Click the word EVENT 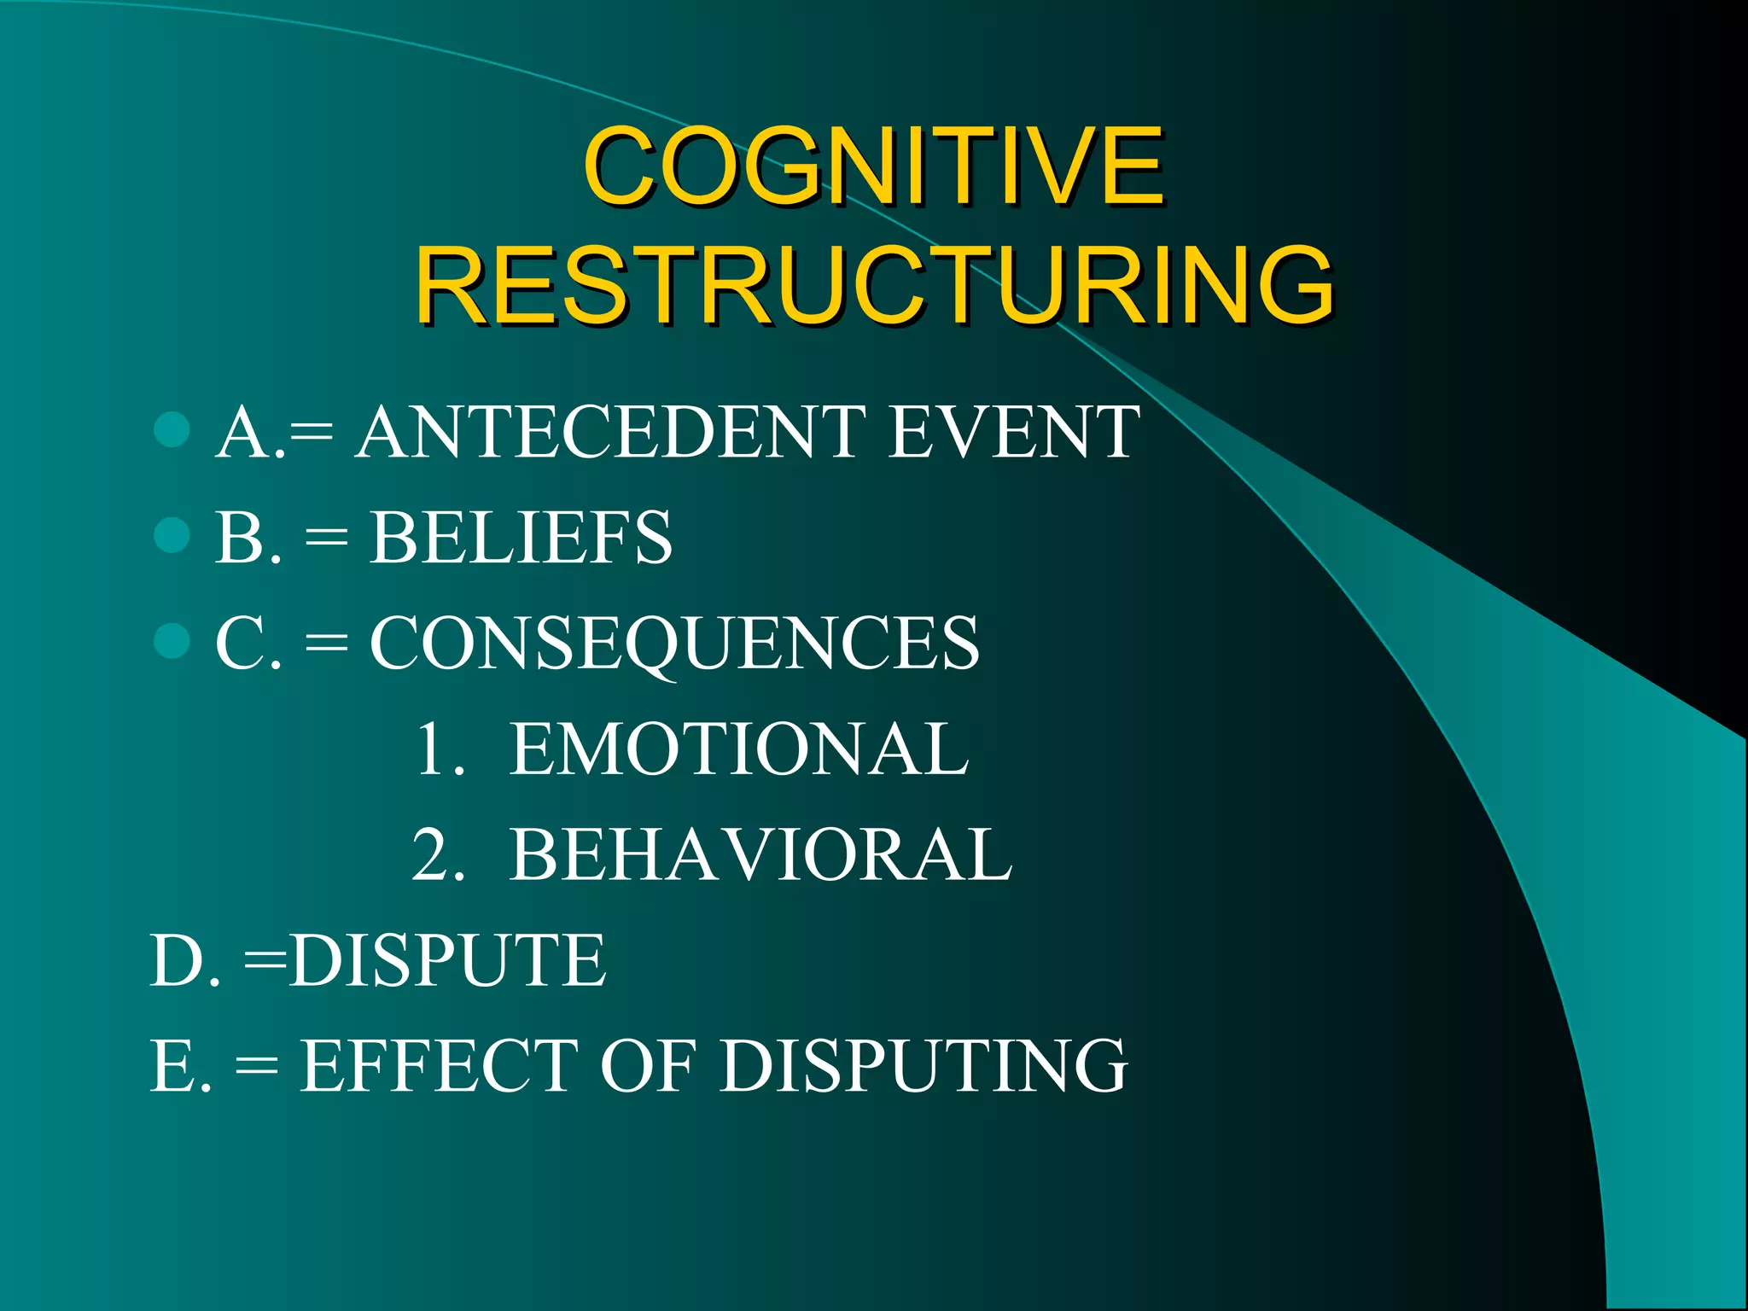pos(1013,433)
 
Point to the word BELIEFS pos(521,538)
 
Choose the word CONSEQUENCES pos(674,644)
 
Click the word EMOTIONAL pos(739,749)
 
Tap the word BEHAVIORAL pos(760,854)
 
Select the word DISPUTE pos(447,960)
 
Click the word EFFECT pos(440,1065)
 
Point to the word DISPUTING pos(924,1065)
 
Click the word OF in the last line pos(649,1065)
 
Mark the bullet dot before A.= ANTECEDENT pos(172,430)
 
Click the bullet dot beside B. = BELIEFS pos(172,536)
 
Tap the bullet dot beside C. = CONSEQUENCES pos(172,641)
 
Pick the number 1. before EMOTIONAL pos(440,749)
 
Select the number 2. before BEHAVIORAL pos(439,854)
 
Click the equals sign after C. pos(327,644)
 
